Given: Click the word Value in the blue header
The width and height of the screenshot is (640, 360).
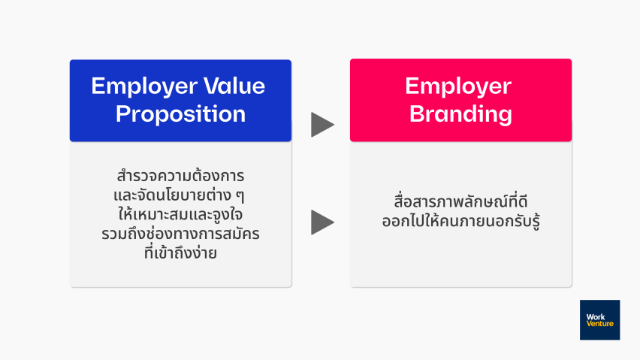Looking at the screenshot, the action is coord(234,86).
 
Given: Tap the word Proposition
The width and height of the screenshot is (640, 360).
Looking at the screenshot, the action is coord(180,114).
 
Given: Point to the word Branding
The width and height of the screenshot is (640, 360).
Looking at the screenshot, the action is coord(460,114).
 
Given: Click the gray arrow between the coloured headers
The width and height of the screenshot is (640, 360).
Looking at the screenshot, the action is coord(322,125).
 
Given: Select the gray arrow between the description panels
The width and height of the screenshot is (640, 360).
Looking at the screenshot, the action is coord(322,222).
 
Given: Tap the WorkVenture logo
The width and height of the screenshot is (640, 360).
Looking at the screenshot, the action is coord(599,320).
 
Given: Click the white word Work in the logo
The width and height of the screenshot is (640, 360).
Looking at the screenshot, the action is coord(596,316).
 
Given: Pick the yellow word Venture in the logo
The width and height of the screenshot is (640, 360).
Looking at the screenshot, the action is coord(599,324).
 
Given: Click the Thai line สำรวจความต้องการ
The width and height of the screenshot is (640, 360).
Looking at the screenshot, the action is coord(180,176).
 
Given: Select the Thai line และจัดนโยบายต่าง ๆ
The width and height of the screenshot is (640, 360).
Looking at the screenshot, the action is coord(180,195).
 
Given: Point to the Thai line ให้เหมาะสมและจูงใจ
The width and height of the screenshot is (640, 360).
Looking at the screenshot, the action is coord(180,214).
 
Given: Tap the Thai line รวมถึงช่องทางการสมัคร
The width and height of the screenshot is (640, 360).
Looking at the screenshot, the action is coord(180,234).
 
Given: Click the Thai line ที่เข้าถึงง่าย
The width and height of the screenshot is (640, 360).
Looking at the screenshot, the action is coord(180,253).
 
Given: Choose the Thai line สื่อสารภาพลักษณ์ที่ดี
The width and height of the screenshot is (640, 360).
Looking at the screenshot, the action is coord(460,201).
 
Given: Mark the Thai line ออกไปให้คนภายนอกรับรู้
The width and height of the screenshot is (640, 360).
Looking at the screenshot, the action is coord(460,221).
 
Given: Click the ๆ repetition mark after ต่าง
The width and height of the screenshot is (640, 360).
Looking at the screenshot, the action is coord(240,196).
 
